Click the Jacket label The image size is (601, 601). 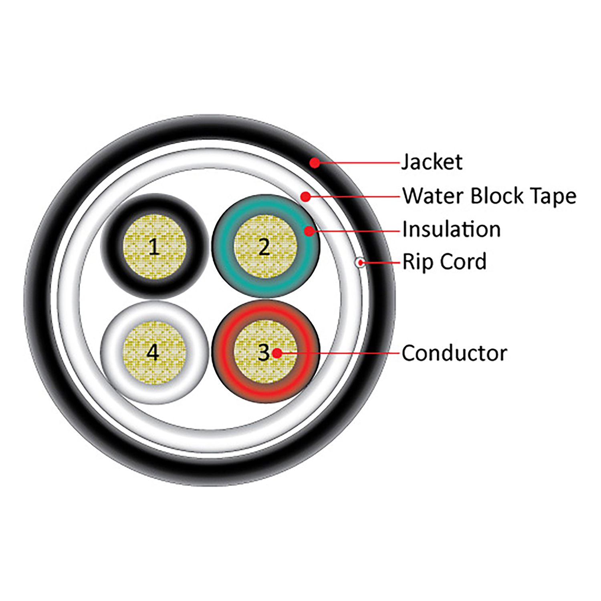click(432, 162)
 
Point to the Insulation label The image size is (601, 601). click(451, 230)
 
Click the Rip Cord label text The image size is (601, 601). click(444, 262)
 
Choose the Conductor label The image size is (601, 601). click(454, 353)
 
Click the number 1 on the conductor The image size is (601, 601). click(154, 247)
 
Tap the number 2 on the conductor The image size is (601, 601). click(264, 247)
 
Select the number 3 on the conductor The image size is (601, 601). click(263, 353)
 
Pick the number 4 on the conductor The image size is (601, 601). click(153, 353)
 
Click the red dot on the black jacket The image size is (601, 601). click(315, 163)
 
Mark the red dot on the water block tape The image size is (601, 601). click(306, 196)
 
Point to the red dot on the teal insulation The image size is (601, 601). click(309, 231)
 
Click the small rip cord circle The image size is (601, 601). click(360, 262)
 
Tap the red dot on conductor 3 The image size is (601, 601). click(277, 353)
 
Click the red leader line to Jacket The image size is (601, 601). click(361, 163)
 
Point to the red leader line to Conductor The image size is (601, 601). click(341, 353)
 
